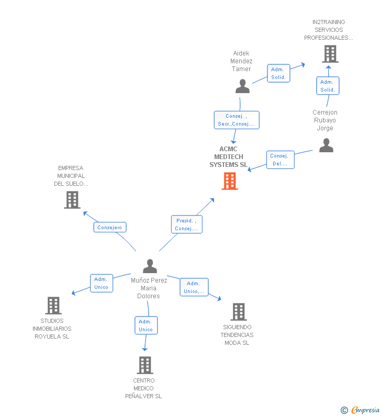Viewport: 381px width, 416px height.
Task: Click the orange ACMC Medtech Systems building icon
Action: click(230, 181)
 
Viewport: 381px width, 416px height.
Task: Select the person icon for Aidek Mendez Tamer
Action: click(242, 86)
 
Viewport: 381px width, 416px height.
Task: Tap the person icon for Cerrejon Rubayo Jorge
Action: click(326, 145)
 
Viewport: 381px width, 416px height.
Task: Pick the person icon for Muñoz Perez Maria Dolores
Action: click(150, 266)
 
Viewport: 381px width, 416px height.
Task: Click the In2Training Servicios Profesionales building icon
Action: click(330, 54)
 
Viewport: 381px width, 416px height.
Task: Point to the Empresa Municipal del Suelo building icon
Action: click(72, 199)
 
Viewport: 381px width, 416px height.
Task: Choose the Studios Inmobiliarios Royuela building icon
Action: click(53, 306)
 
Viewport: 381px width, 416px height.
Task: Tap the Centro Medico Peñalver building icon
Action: click(144, 365)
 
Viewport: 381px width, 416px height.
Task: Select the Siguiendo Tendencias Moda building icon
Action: click(239, 312)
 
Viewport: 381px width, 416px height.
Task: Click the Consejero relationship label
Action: click(110, 227)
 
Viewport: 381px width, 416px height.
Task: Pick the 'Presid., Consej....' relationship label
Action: click(186, 224)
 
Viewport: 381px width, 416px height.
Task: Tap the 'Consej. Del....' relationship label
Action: click(280, 160)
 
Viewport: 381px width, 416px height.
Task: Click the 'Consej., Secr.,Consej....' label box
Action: click(237, 120)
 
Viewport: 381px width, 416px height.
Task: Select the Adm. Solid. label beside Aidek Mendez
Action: click(278, 73)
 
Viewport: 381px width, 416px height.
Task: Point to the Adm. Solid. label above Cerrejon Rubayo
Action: click(328, 86)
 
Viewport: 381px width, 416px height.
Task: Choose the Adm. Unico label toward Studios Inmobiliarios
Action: click(101, 283)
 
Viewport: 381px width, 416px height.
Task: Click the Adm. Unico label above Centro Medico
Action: click(145, 325)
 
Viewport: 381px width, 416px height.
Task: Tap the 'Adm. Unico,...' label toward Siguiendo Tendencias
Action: click(194, 287)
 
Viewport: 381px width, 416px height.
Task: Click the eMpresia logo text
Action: click(365, 410)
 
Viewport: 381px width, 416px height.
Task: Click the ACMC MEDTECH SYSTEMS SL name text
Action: click(228, 157)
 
